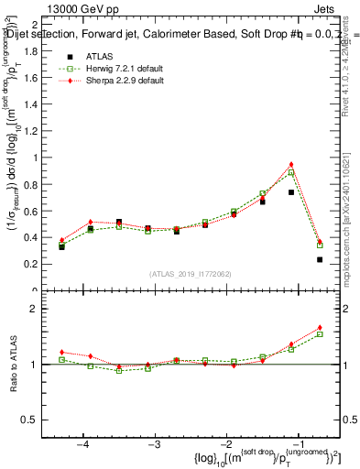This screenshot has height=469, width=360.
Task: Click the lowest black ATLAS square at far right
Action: [x=320, y=260]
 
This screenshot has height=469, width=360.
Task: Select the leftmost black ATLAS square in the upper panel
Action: [x=61, y=246]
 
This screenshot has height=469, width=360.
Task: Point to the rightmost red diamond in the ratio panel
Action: [x=320, y=327]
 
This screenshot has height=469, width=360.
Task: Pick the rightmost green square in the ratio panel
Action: [x=320, y=333]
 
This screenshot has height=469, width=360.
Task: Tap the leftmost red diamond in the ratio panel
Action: [x=61, y=352]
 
